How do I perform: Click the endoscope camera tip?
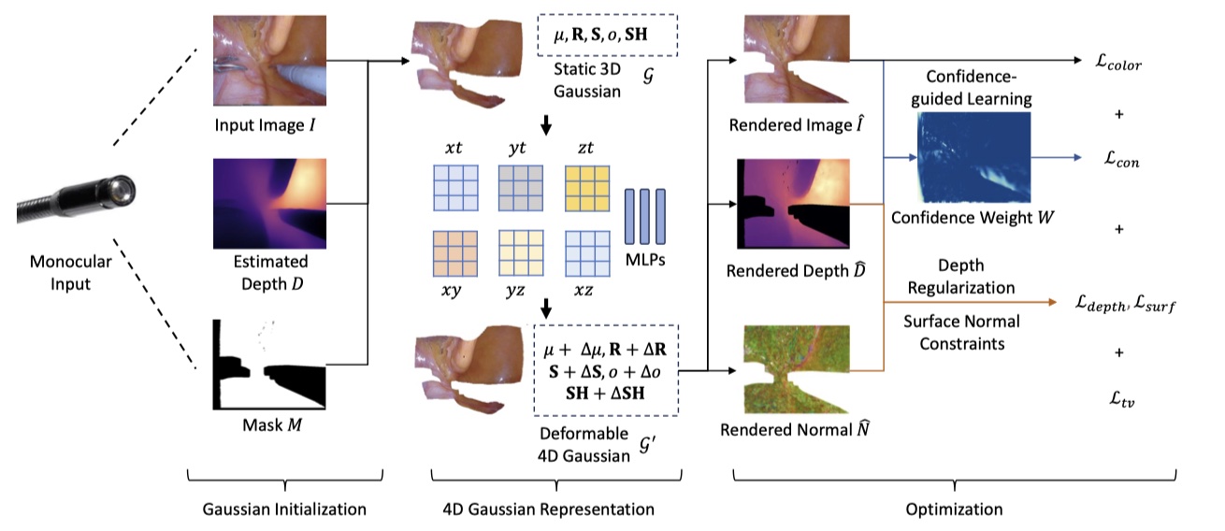coord(120,193)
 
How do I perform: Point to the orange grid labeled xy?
coord(454,253)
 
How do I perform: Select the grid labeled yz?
coord(521,253)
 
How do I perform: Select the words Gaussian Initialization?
coord(283,509)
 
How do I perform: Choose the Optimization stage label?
coord(953,509)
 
